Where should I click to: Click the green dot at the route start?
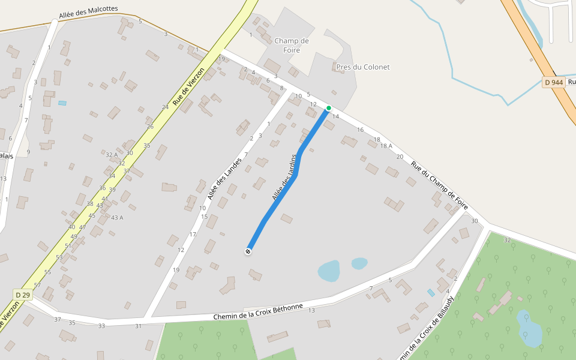tap(328, 108)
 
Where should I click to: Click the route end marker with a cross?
tap(248, 251)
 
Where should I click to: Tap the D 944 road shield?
tap(554, 82)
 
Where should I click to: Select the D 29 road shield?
tap(23, 295)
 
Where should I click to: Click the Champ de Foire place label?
tap(292, 46)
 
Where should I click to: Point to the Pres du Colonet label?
tap(363, 67)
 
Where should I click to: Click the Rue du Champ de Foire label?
tap(439, 185)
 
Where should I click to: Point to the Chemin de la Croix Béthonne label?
tap(259, 312)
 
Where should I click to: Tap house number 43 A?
tap(117, 217)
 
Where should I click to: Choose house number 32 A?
tap(112, 155)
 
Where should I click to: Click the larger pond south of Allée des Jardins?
tap(328, 271)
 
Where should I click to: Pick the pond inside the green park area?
tap(529, 328)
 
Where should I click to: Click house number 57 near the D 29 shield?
tap(38, 285)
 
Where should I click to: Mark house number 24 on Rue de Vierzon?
tap(165, 107)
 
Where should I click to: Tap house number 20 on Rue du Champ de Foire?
tap(400, 157)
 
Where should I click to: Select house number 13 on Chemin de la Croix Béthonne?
tap(311, 310)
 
